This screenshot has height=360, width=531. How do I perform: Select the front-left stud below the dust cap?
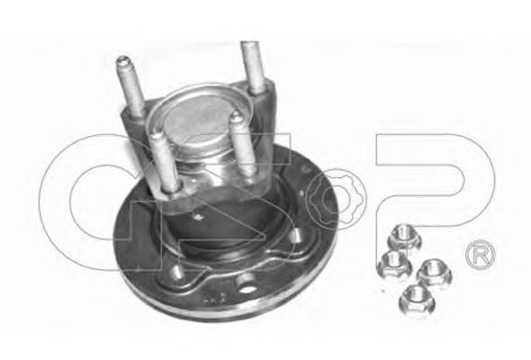click(164, 164)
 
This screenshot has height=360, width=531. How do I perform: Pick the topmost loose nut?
click(405, 237)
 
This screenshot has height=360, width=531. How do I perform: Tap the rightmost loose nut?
click(435, 271)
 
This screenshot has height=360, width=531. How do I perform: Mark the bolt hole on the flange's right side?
click(298, 236)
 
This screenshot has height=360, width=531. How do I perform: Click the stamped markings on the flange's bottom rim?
click(214, 298)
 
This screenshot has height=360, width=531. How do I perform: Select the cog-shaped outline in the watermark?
click(336, 197)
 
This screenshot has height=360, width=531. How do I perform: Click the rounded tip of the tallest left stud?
click(122, 61)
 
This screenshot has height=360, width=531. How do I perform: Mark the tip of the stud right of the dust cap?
click(235, 117)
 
